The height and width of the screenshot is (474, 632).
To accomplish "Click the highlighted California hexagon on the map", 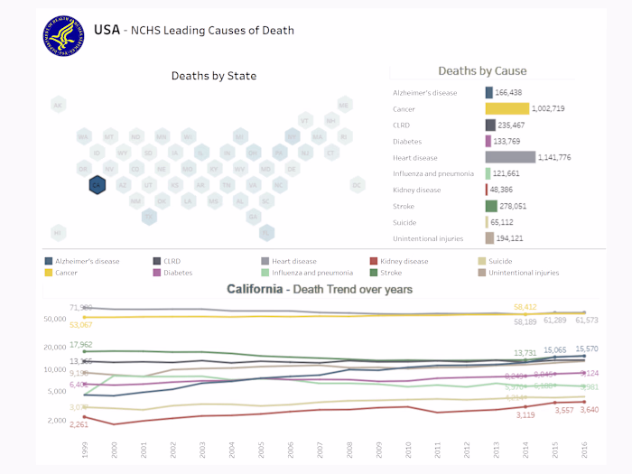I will pyautogui.click(x=97, y=185).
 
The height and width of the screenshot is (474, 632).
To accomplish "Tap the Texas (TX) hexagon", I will pyautogui.click(x=149, y=217).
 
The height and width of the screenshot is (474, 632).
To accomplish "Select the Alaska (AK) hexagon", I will pyautogui.click(x=58, y=105).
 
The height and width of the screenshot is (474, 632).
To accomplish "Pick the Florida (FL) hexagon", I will pyautogui.click(x=266, y=232).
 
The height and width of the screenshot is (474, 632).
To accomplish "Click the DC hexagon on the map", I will pyautogui.click(x=357, y=185).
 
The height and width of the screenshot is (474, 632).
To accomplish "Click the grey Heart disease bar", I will pyautogui.click(x=510, y=157).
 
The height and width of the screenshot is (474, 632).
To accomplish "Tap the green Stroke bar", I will pyautogui.click(x=491, y=206).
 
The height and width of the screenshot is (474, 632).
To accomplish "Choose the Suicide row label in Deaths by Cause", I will pyautogui.click(x=404, y=222).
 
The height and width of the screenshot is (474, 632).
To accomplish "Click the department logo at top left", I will pyautogui.click(x=64, y=34).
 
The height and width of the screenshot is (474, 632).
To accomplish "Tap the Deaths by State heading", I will pyautogui.click(x=214, y=76).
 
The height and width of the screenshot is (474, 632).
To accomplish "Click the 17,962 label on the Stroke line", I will pyautogui.click(x=81, y=344).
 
